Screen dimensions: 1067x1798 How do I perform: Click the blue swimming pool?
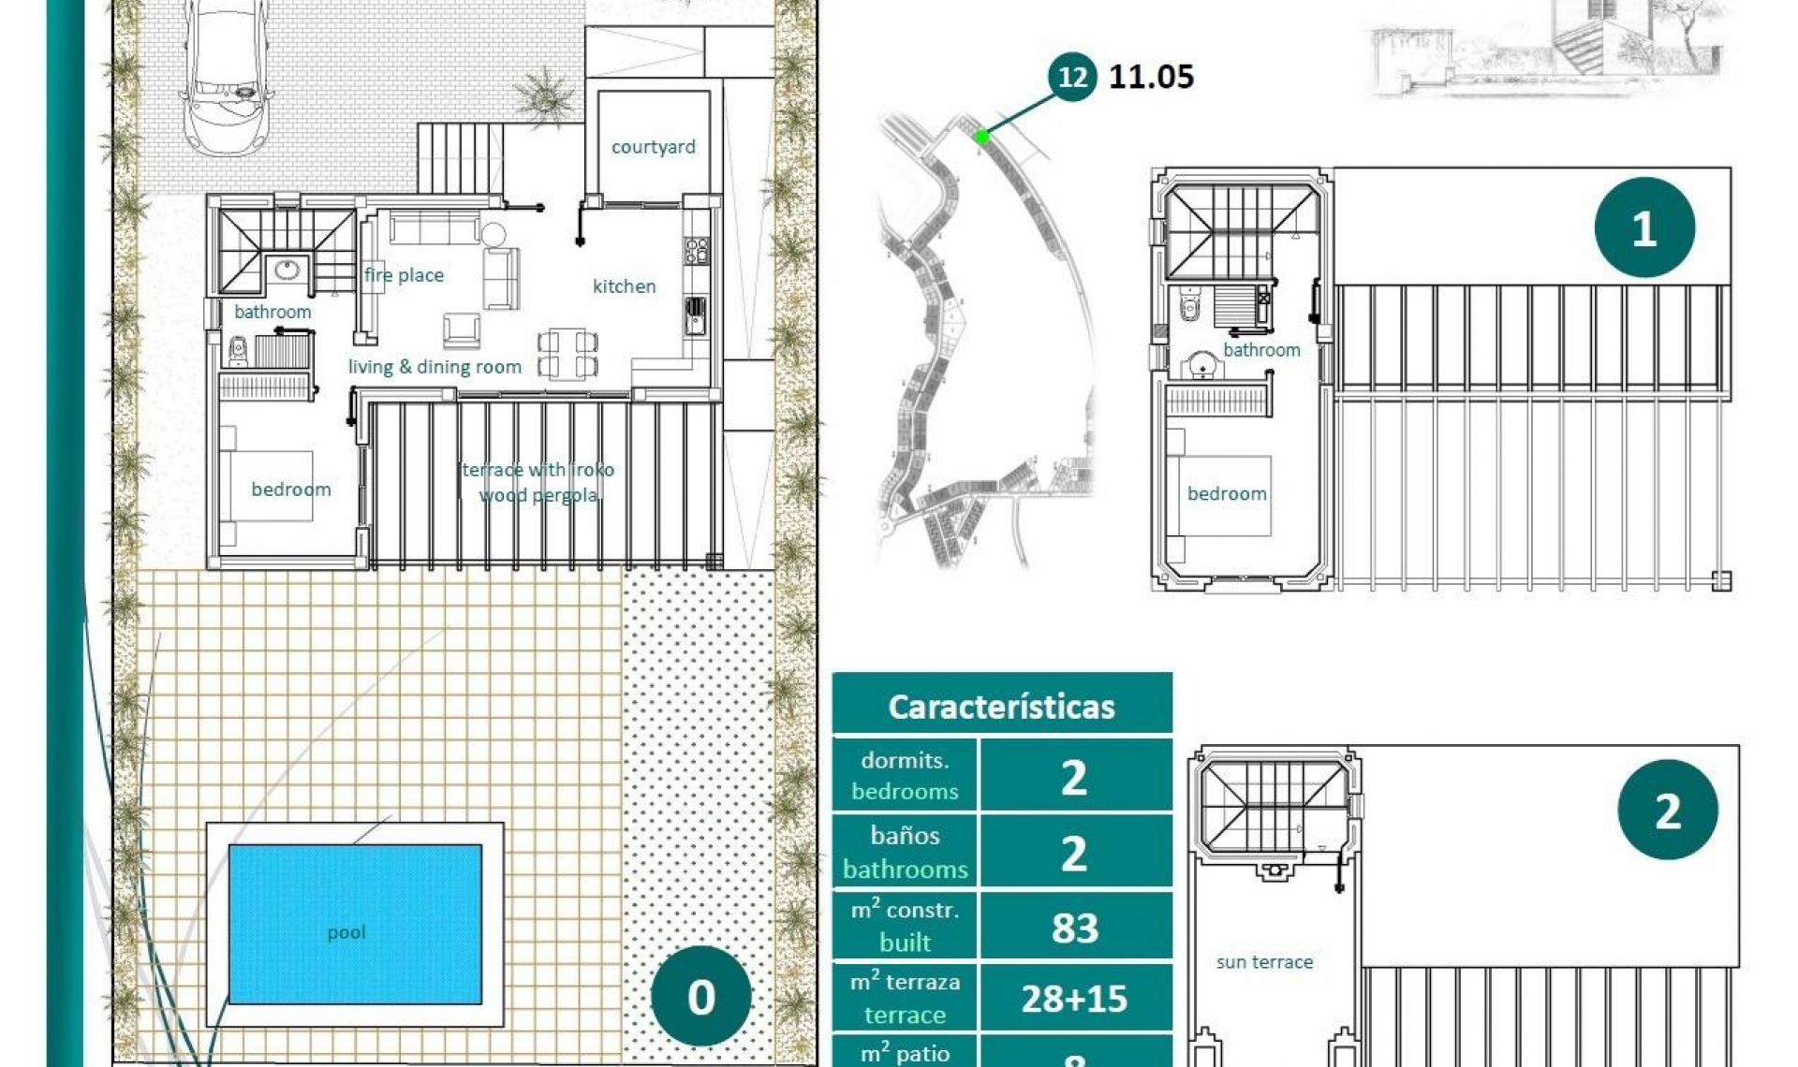pyautogui.click(x=355, y=924)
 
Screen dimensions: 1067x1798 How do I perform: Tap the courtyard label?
pyautogui.click(x=653, y=147)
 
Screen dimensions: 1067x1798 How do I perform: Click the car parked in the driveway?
pyautogui.click(x=228, y=70)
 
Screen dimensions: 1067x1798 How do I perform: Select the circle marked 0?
pyautogui.click(x=700, y=996)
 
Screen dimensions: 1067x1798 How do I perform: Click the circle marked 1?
pyautogui.click(x=1643, y=227)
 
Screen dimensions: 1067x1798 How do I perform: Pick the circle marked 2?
pyautogui.click(x=1667, y=811)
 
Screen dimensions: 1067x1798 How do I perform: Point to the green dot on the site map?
pyautogui.click(x=981, y=137)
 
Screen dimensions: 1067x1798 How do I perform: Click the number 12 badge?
pyautogui.click(x=1072, y=76)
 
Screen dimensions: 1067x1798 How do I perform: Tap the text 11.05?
pyautogui.click(x=1151, y=77)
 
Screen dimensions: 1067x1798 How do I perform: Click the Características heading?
pyautogui.click(x=1001, y=707)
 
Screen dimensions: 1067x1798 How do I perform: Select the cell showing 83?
pyautogui.click(x=1074, y=928)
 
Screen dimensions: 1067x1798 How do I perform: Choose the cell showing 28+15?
pyautogui.click(x=1074, y=999)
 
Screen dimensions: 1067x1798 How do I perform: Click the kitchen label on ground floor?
pyautogui.click(x=624, y=286)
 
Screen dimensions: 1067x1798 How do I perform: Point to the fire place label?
pyautogui.click(x=404, y=275)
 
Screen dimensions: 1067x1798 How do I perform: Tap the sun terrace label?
pyautogui.click(x=1264, y=962)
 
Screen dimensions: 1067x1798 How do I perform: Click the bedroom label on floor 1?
pyautogui.click(x=1227, y=493)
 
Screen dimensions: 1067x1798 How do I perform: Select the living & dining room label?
pyautogui.click(x=435, y=367)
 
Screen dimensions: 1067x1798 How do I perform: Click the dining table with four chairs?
pyautogui.click(x=567, y=354)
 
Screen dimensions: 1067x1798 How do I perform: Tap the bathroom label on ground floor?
pyautogui.click(x=273, y=312)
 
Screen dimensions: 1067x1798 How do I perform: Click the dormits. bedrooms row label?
pyautogui.click(x=904, y=775)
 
